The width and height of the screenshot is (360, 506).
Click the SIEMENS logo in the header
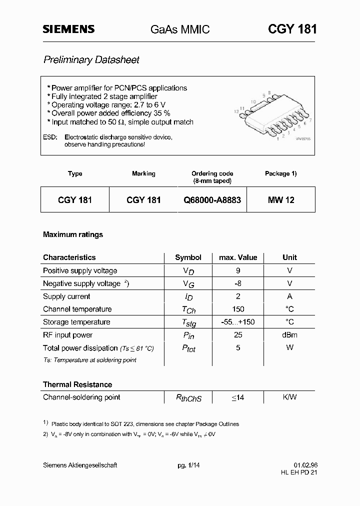[68, 29]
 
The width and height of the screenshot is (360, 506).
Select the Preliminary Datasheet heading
[91, 60]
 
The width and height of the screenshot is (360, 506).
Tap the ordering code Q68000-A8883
[212, 200]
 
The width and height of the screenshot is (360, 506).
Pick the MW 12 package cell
[281, 200]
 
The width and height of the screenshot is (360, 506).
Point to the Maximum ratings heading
[73, 234]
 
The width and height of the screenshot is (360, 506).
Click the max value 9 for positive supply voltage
[238, 270]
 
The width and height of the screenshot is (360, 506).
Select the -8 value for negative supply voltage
[238, 283]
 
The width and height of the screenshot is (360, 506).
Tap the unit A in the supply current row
[289, 296]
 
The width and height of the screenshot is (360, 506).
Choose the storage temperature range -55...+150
[238, 322]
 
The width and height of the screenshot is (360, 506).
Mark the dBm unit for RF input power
[289, 335]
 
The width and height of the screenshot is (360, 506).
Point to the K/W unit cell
[289, 397]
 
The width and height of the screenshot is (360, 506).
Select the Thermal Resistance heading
[77, 384]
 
